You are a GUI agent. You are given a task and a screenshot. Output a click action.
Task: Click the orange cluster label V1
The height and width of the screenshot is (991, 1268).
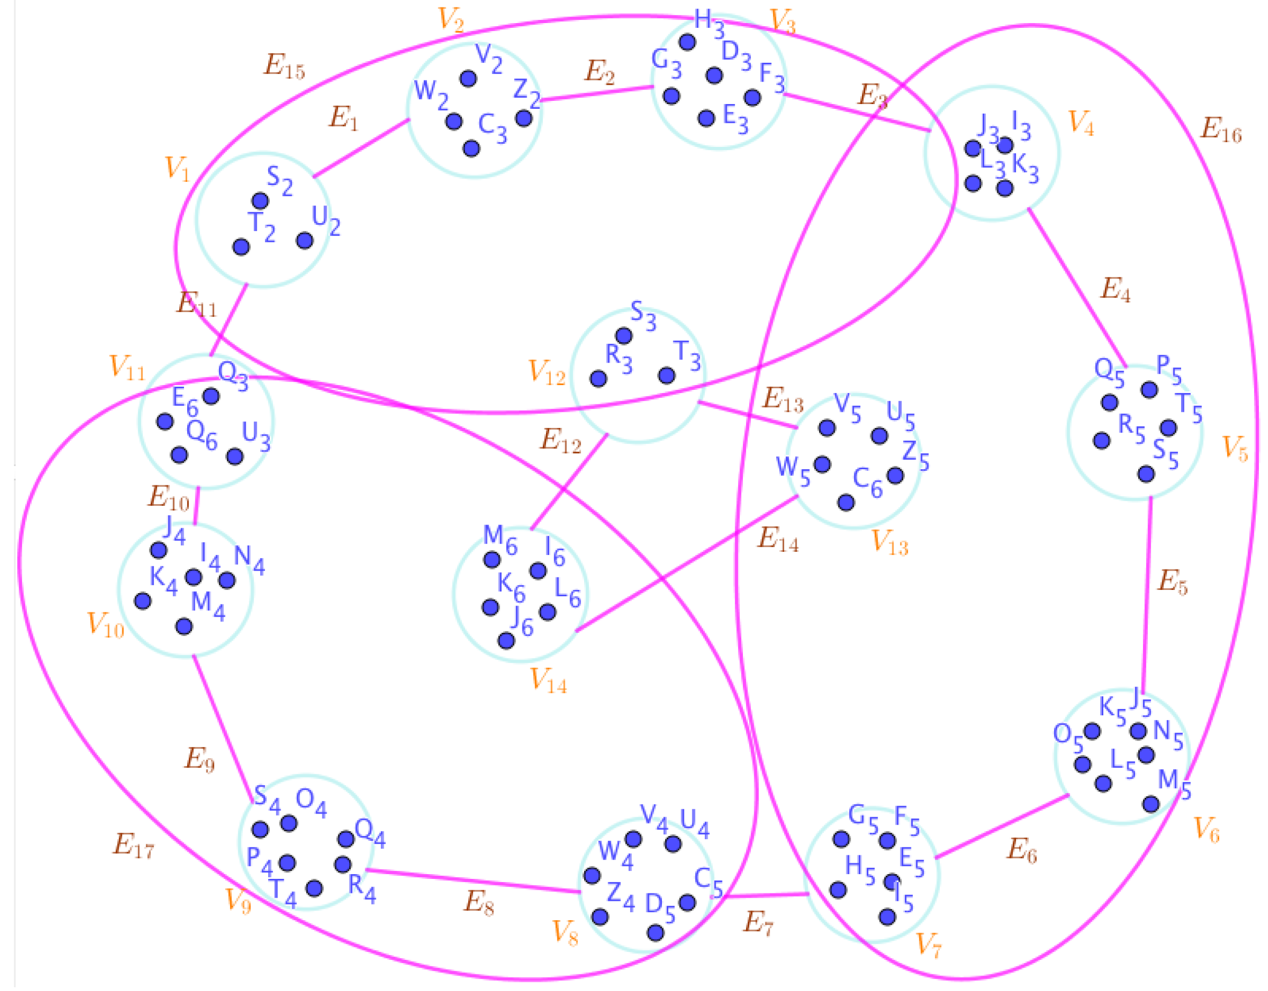click(177, 169)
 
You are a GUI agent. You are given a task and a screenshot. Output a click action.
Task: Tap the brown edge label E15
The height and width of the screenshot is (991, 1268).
click(284, 66)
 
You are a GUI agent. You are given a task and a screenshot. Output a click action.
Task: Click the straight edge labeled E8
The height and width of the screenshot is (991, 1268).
click(473, 881)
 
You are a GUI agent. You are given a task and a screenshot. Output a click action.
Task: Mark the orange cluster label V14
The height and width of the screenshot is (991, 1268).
click(548, 681)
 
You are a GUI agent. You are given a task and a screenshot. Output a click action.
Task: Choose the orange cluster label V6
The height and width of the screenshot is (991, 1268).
click(1206, 830)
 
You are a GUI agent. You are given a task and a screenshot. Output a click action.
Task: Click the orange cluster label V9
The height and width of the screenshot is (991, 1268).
click(238, 901)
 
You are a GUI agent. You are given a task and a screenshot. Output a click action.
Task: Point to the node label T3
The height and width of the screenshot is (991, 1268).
click(687, 356)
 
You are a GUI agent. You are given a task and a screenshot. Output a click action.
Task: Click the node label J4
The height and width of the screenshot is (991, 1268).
click(174, 529)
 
